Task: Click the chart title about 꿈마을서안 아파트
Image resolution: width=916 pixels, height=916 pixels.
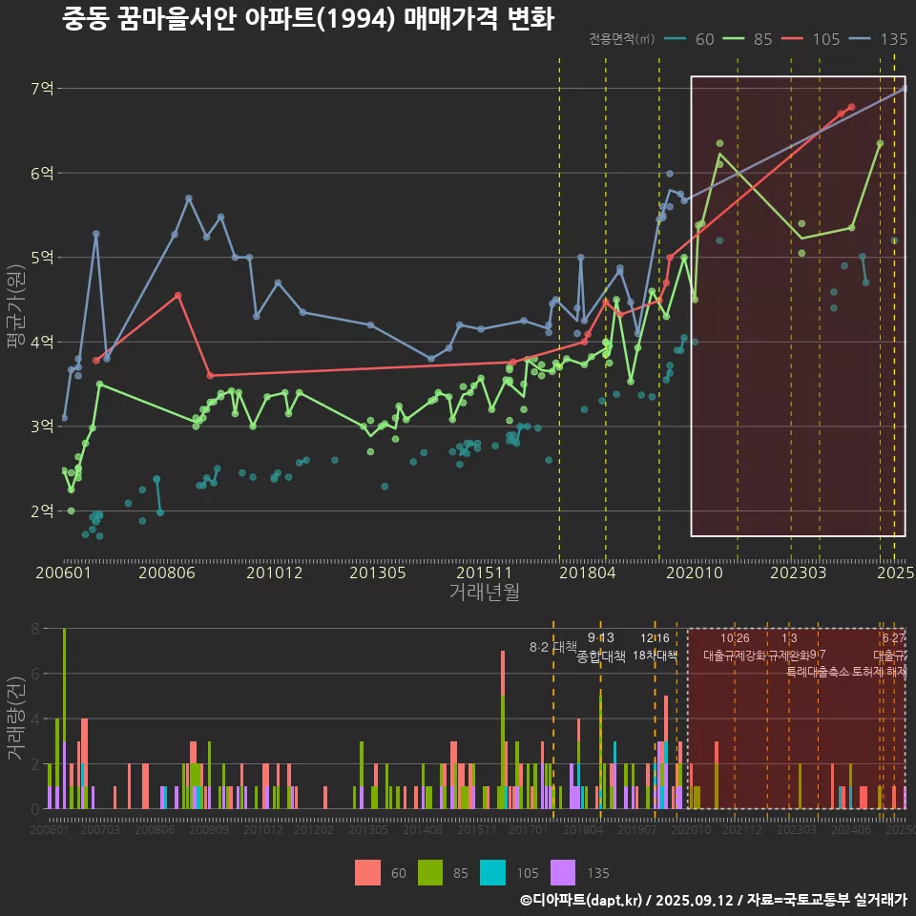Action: pos(307,18)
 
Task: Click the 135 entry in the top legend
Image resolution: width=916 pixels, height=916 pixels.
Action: pos(892,39)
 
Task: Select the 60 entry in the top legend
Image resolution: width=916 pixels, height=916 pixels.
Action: pos(704,39)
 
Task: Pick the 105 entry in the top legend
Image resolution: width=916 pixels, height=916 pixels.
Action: pos(825,39)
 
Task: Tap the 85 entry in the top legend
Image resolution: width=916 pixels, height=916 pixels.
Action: pos(762,39)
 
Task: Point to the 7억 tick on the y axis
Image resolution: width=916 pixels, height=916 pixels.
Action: pos(43,89)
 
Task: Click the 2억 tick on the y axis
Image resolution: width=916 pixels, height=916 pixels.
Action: pos(43,511)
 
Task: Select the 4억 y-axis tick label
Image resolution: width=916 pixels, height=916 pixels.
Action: pos(43,343)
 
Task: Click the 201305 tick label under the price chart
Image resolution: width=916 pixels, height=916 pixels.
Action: pos(377,573)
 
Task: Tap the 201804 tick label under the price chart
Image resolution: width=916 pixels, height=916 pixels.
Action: pos(587,573)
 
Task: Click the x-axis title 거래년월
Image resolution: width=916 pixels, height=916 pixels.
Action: pos(484,593)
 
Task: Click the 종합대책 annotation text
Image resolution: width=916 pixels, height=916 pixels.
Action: pos(601,656)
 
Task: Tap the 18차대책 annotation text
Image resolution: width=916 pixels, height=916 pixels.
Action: pos(655,656)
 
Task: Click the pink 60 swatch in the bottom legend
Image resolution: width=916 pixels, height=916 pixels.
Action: pos(367,872)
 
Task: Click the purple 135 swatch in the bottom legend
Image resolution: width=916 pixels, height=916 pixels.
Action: pos(564,872)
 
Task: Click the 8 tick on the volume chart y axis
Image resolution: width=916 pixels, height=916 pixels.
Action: pos(34,629)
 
